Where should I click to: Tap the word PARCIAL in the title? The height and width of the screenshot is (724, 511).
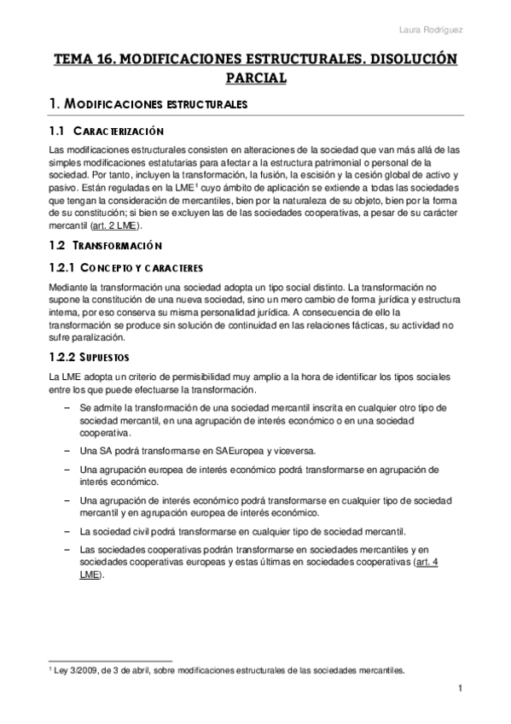(x=255, y=79)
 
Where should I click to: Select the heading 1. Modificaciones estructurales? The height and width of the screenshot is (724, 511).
(x=148, y=104)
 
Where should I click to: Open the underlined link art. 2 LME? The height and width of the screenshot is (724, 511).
(x=119, y=226)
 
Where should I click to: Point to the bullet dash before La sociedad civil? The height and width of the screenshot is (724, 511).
(x=67, y=530)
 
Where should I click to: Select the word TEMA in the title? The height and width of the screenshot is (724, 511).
(x=70, y=60)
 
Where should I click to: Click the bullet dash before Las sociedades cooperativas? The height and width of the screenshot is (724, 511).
(x=67, y=550)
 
